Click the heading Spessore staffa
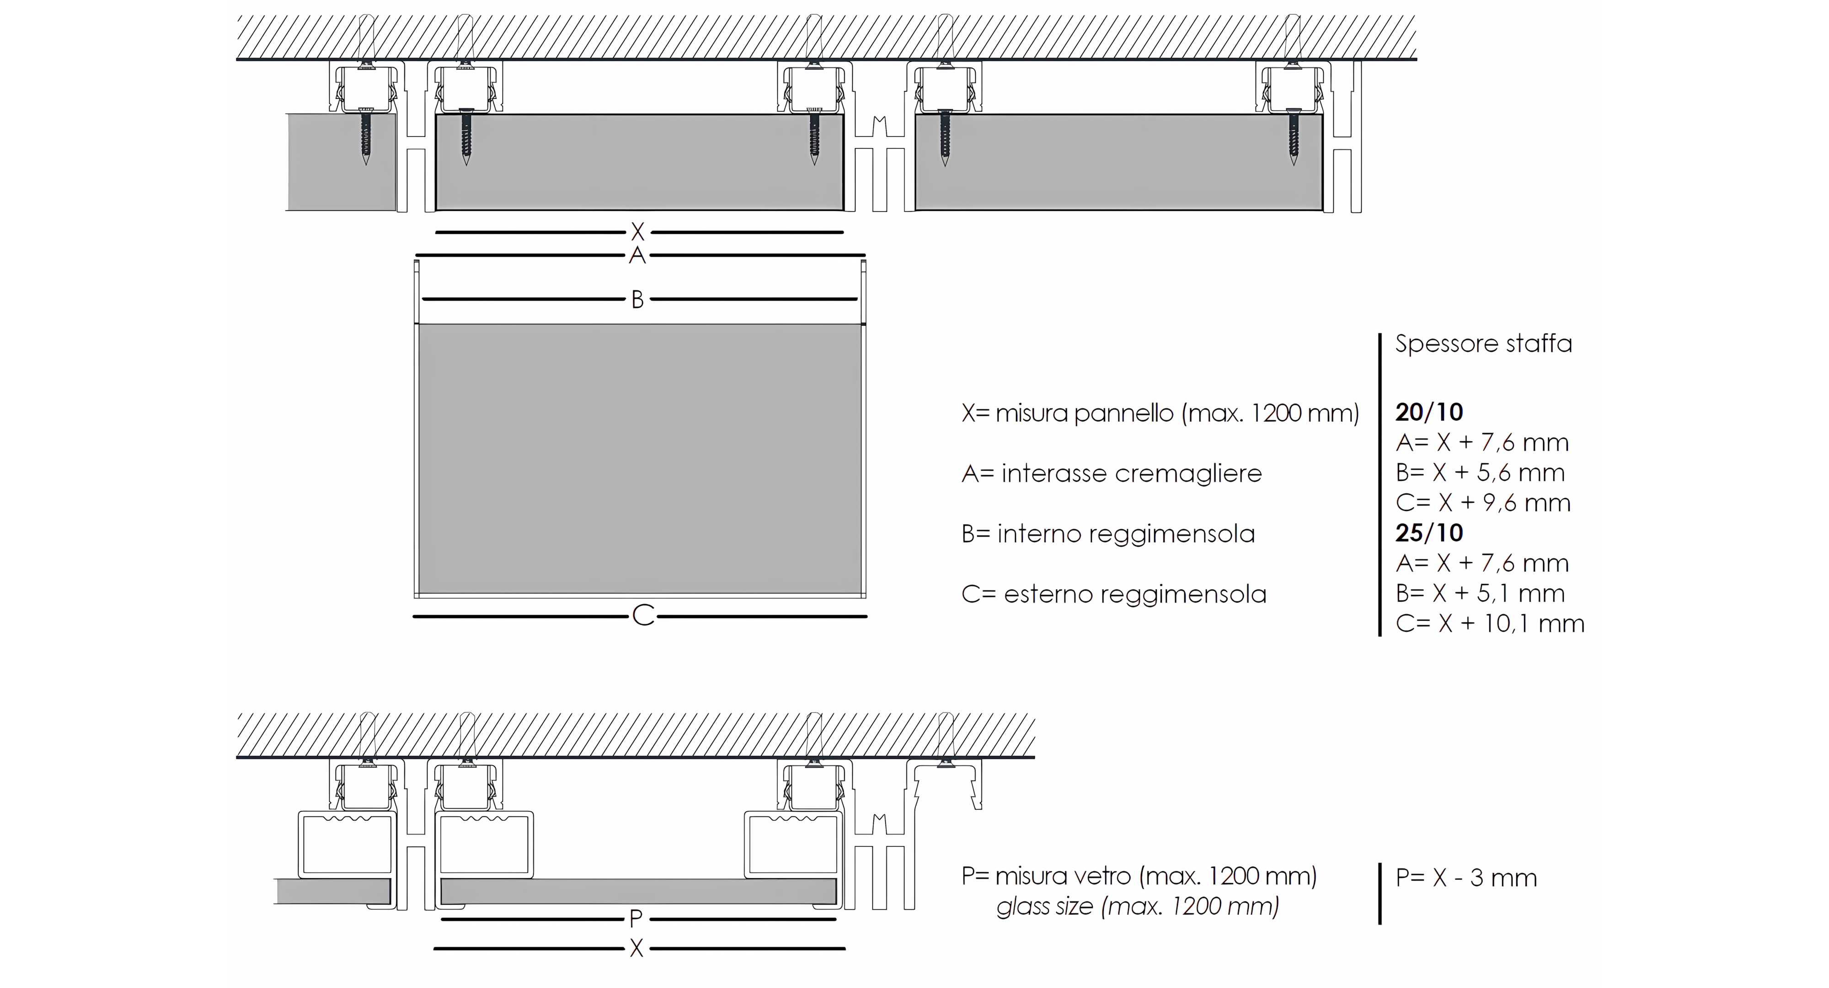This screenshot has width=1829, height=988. point(1483,344)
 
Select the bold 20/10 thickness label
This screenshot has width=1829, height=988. point(1429,412)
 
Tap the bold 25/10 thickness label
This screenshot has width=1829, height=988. point(1429,533)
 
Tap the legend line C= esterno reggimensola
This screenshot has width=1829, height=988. point(1114,594)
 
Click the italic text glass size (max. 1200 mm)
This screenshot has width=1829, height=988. point(1138,906)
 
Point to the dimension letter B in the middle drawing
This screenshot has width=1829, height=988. point(637,300)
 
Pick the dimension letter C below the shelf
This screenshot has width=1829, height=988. point(643,616)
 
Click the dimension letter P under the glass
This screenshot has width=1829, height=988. point(636,919)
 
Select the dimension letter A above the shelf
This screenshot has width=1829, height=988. point(637,255)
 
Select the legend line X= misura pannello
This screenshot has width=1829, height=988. point(1160,413)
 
